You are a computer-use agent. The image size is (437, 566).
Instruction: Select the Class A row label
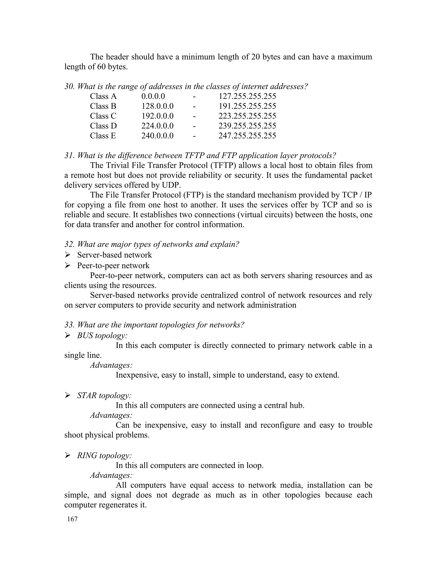point(103,96)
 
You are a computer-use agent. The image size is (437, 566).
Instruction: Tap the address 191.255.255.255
point(247,106)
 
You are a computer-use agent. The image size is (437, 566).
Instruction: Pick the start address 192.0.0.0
point(157,116)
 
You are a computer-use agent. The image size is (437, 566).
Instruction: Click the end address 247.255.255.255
point(247,136)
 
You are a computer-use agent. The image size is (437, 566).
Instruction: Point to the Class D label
point(103,126)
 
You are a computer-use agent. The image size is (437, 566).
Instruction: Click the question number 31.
point(69,155)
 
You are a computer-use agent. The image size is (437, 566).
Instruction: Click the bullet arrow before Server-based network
point(68,255)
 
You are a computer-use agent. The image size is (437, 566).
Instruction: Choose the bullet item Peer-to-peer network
point(113,266)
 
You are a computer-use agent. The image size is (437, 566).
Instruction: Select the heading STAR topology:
point(104,396)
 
